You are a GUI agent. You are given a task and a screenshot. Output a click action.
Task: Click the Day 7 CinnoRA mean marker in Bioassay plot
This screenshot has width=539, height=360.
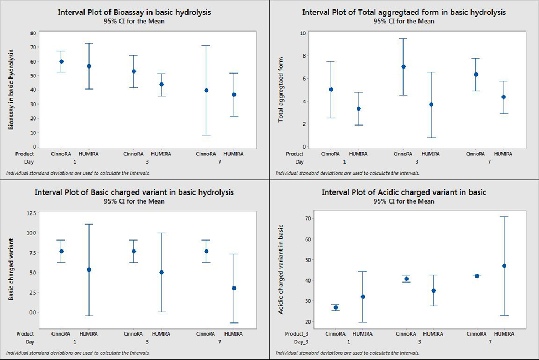tap(206, 90)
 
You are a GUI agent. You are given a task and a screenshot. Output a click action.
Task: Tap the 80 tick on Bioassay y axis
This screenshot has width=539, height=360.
tap(33, 33)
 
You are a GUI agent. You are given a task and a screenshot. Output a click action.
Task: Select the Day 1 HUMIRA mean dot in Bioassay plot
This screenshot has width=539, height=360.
tap(89, 66)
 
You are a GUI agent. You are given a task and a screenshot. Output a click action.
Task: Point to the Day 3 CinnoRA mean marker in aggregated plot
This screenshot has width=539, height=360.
tap(403, 66)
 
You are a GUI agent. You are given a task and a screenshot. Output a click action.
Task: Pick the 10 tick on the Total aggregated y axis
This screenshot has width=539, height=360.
tap(303, 33)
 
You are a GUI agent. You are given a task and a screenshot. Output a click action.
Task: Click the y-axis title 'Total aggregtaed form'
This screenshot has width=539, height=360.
tap(281, 89)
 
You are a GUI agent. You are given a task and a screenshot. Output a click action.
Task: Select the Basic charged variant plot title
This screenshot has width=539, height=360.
tap(134, 192)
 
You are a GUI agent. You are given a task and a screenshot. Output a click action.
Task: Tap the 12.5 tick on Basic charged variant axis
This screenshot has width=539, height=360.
tap(31, 213)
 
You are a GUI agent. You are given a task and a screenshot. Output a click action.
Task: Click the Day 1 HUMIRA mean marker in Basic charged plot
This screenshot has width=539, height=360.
tap(89, 269)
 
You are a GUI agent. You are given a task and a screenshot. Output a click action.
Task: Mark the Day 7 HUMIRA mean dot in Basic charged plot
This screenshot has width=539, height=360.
tap(234, 288)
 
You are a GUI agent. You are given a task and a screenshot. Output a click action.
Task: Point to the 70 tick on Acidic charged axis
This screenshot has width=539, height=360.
tap(302, 218)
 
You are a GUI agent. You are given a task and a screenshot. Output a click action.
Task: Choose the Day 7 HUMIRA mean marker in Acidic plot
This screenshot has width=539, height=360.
tap(504, 265)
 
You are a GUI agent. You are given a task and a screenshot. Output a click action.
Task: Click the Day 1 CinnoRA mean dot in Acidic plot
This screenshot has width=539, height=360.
tap(336, 307)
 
